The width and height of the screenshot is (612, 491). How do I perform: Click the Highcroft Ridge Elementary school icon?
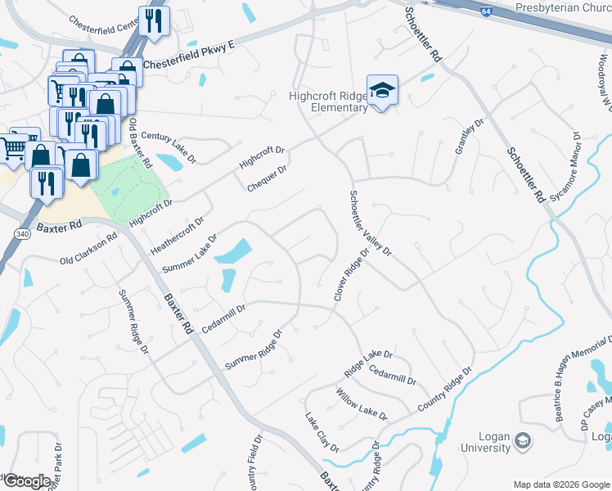[x=381, y=90]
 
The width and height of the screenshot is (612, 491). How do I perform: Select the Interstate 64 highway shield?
[x=486, y=15]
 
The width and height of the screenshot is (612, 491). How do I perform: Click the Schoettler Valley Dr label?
[x=371, y=223]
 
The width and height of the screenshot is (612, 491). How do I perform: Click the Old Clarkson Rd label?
[x=89, y=250]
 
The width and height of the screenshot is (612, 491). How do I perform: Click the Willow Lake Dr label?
[x=361, y=404]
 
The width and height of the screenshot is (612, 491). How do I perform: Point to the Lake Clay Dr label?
[x=322, y=432]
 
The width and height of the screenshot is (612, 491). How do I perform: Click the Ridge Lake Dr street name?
[x=369, y=363]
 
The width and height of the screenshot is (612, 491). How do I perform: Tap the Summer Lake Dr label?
[x=190, y=255]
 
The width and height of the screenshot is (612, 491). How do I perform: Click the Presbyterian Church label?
[x=563, y=7]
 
